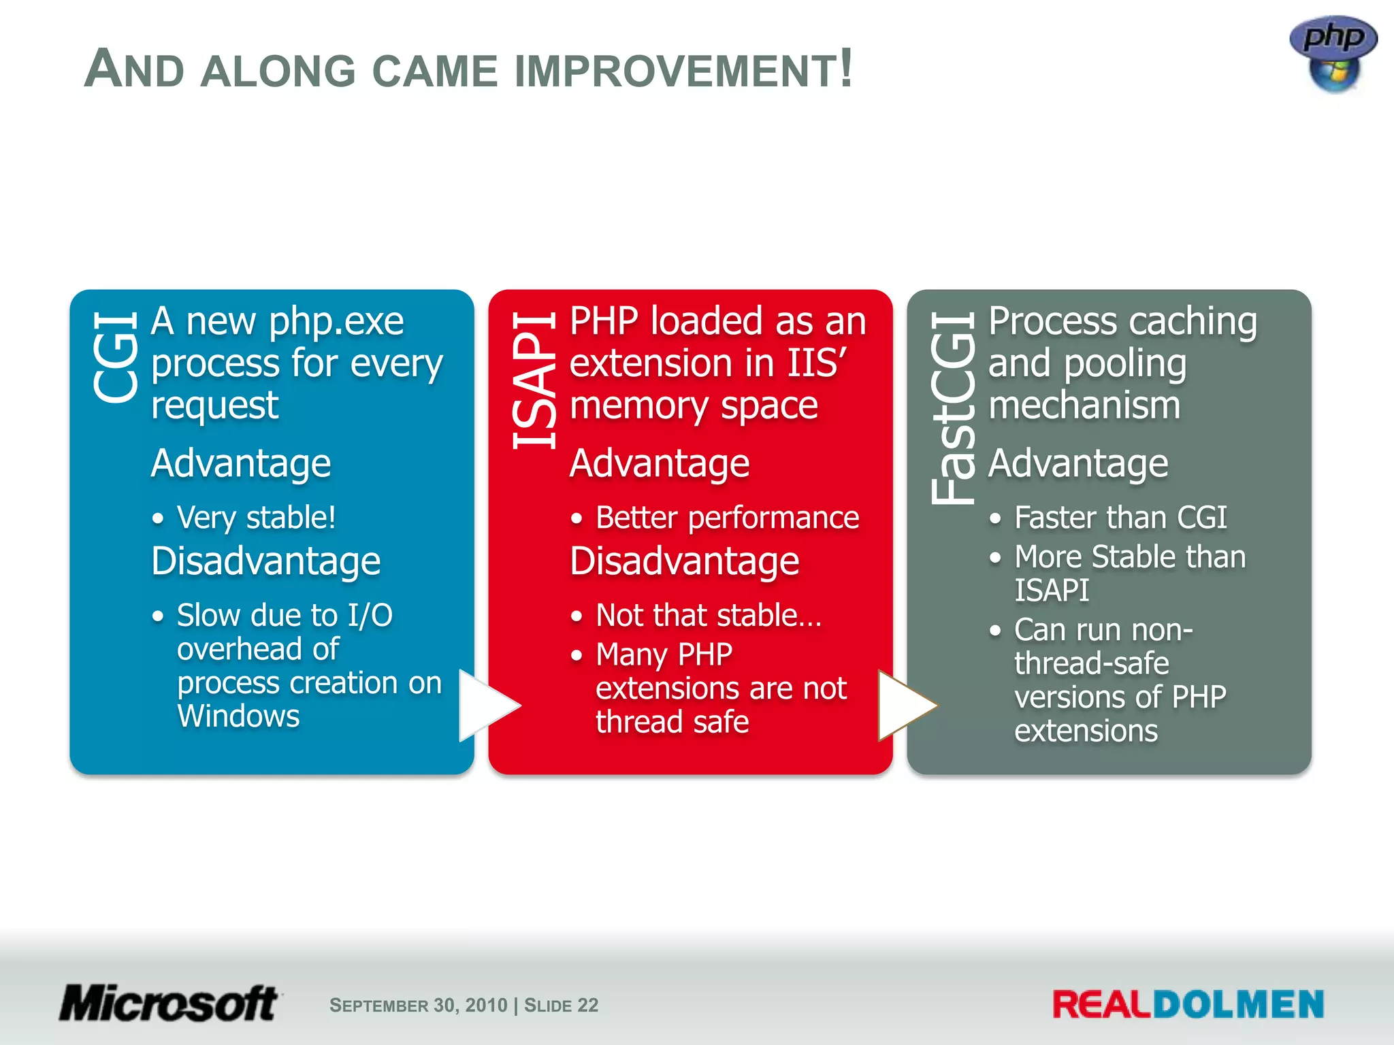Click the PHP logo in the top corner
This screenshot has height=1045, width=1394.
pos(1333,53)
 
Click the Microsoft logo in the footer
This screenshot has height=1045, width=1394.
pos(169,1003)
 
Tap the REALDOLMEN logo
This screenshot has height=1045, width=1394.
pos(1188,1005)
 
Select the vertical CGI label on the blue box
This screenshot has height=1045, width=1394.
pos(116,357)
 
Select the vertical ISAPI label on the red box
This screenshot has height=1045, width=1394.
pos(534,381)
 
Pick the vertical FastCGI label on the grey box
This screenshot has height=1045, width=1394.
pos(953,408)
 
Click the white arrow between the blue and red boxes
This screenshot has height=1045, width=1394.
pos(487,706)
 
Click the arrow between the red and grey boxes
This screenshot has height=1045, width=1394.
pos(905,706)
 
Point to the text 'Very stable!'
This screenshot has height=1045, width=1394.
pos(256,518)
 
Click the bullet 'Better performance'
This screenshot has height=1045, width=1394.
pos(727,518)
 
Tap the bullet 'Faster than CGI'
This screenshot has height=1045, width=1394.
pos(1120,518)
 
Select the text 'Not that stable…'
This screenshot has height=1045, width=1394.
pos(708,615)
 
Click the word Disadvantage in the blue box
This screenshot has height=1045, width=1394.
pos(265,561)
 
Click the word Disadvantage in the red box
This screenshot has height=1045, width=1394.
pos(684,561)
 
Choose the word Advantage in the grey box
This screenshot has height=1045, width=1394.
pos(1078,464)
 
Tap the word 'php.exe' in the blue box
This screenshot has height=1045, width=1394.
pos(336,322)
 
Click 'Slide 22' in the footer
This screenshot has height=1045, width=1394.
pos(561,1006)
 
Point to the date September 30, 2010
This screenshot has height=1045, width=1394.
pos(418,1006)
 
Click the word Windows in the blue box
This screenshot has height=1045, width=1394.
pos(238,716)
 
